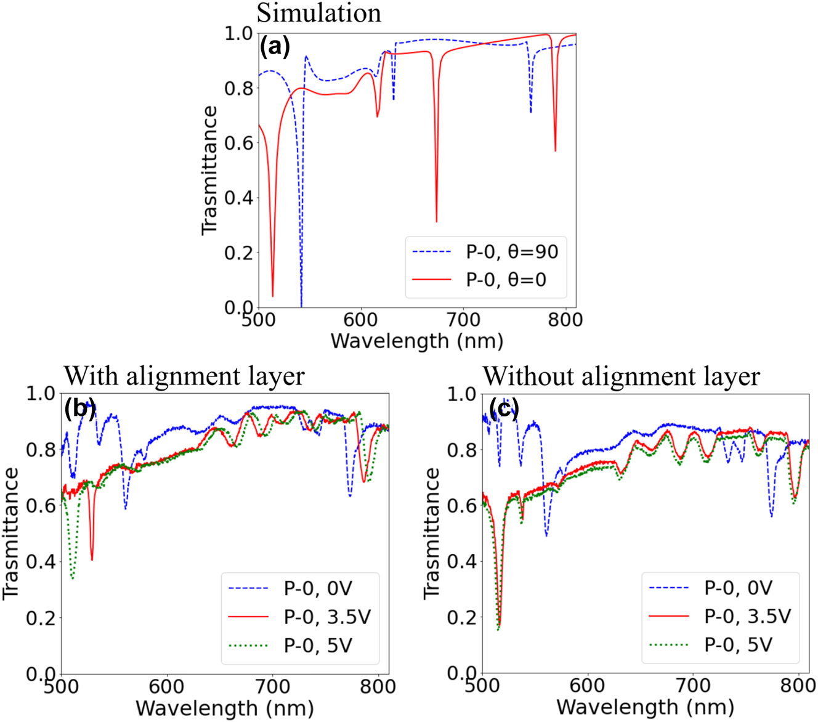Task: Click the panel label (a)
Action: pyautogui.click(x=275, y=47)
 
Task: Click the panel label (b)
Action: pyautogui.click(x=79, y=409)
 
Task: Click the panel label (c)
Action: pyautogui.click(x=504, y=409)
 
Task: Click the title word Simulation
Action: pyautogui.click(x=319, y=13)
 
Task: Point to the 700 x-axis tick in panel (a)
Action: pyautogui.click(x=463, y=320)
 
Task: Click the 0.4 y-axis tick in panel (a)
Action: pyautogui.click(x=239, y=198)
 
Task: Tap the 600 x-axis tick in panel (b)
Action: pyautogui.click(x=166, y=686)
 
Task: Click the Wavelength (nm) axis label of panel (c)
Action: pyautogui.click(x=645, y=707)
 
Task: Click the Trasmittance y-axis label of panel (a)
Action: pyautogui.click(x=210, y=170)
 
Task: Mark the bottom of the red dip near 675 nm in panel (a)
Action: pyautogui.click(x=437, y=221)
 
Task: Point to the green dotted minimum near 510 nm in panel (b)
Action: pyautogui.click(x=73, y=577)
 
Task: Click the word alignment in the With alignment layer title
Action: pyautogui.click(x=202, y=376)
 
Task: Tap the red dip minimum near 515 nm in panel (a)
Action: pyautogui.click(x=273, y=296)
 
